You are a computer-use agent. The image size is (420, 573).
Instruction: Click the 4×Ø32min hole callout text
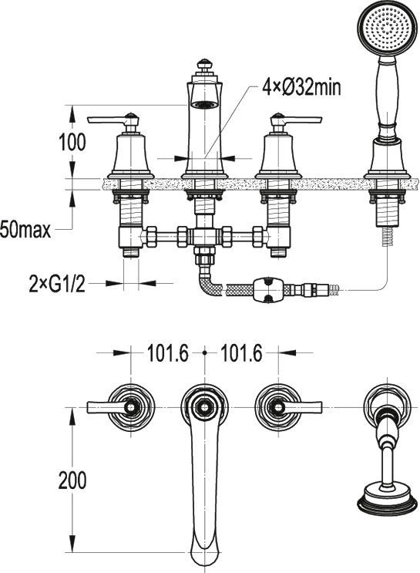coord(301,88)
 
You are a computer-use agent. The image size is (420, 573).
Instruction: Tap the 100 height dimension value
coord(72,142)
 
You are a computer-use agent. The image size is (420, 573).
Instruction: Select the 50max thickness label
coord(25,231)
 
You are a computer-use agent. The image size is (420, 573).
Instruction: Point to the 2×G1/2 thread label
coord(57,284)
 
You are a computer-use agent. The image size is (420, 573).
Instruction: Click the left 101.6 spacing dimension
coord(168,353)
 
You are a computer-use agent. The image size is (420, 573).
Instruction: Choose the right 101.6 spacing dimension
coord(241,353)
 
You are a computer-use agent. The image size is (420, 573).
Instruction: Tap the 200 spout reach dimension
coord(72,480)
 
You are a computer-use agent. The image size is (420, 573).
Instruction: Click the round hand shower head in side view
coord(387,29)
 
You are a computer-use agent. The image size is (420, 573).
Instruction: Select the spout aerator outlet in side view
coord(205,105)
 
